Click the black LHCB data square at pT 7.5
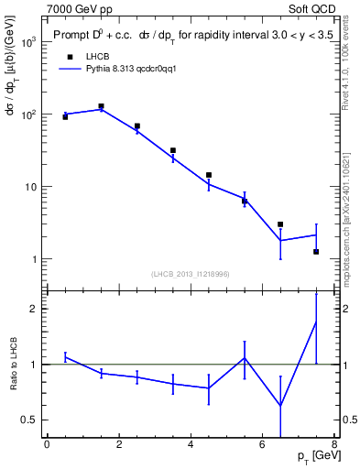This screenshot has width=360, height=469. click(x=316, y=251)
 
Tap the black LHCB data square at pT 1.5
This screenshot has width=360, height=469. click(x=101, y=106)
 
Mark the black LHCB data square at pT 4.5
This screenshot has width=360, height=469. click(x=209, y=175)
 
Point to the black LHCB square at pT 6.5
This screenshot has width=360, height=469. click(x=280, y=224)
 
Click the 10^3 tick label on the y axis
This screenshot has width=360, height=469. click(x=28, y=43)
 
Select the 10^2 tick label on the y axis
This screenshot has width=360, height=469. click(x=28, y=115)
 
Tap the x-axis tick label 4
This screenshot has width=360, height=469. click(x=191, y=446)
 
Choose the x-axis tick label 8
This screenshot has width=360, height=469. click(x=334, y=446)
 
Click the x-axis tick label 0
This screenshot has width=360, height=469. click(x=47, y=446)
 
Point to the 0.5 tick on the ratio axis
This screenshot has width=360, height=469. click(x=30, y=420)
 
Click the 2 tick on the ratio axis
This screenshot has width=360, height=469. click(x=35, y=309)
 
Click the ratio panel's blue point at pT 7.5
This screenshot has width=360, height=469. click(x=316, y=322)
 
